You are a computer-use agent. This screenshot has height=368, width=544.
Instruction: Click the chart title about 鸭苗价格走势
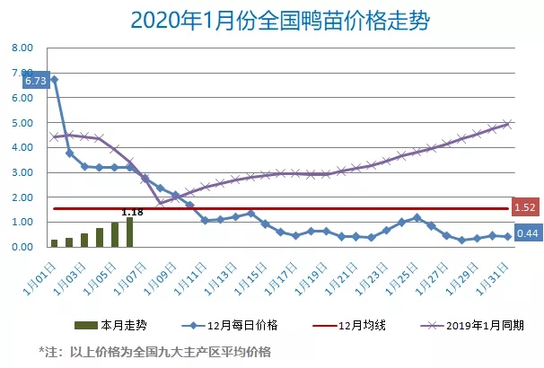tap(272, 21)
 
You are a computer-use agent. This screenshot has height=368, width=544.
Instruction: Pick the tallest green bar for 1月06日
tap(130, 232)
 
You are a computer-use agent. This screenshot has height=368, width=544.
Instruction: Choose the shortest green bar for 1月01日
tap(55, 242)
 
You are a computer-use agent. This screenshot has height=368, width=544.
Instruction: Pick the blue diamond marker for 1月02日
tap(70, 153)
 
